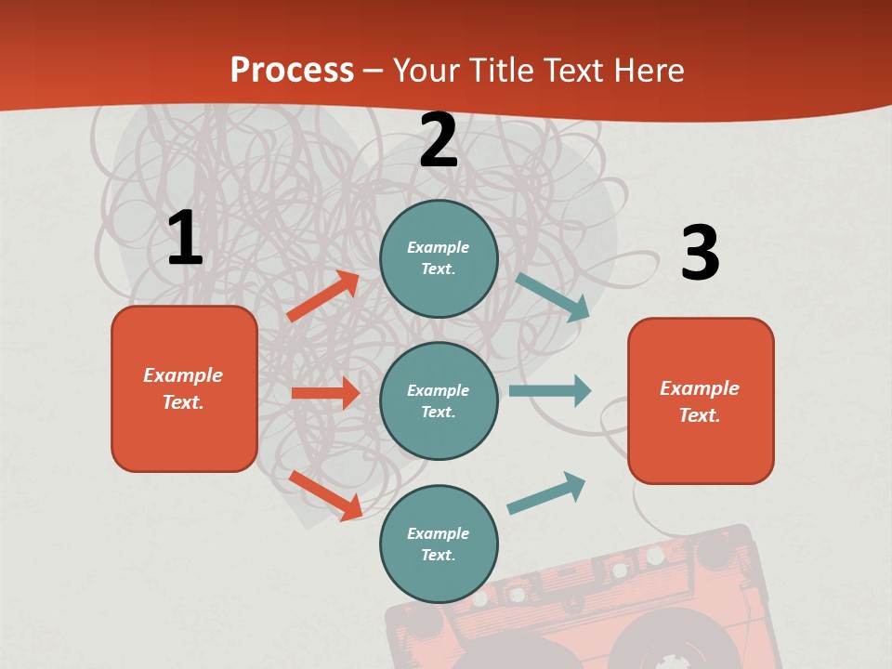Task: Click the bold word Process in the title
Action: (x=292, y=71)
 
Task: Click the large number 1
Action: (x=185, y=238)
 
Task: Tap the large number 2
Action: (x=438, y=140)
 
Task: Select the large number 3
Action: (x=700, y=253)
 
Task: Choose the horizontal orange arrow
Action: (x=325, y=393)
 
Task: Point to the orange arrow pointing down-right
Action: (x=326, y=495)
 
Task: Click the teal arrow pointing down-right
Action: (x=553, y=297)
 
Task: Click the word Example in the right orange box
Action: (x=700, y=388)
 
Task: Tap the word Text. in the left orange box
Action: (x=184, y=402)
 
